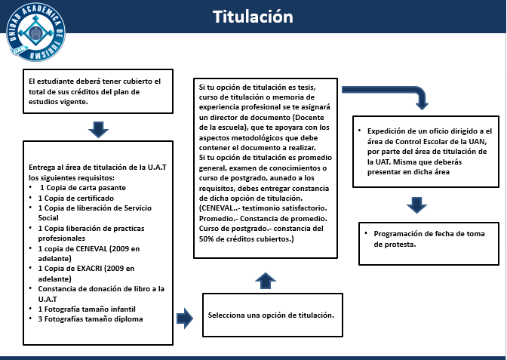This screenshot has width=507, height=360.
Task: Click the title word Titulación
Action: (x=253, y=17)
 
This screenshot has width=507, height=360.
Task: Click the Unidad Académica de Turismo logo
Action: (x=35, y=32)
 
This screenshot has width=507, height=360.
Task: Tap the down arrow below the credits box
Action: (x=98, y=130)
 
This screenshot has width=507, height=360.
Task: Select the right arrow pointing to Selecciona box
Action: (x=185, y=318)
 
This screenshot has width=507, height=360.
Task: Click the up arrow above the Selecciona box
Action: (x=266, y=281)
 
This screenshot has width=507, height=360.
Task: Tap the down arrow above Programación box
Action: (x=416, y=205)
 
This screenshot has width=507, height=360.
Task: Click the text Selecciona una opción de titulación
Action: (x=271, y=315)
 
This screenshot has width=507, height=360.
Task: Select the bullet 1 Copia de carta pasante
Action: (x=83, y=188)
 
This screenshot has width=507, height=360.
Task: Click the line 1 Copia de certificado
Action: (x=76, y=198)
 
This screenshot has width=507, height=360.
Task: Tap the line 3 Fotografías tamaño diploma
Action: (x=91, y=319)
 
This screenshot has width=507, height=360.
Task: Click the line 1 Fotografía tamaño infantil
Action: (x=87, y=309)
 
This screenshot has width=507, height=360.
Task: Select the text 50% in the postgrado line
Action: (x=206, y=239)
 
